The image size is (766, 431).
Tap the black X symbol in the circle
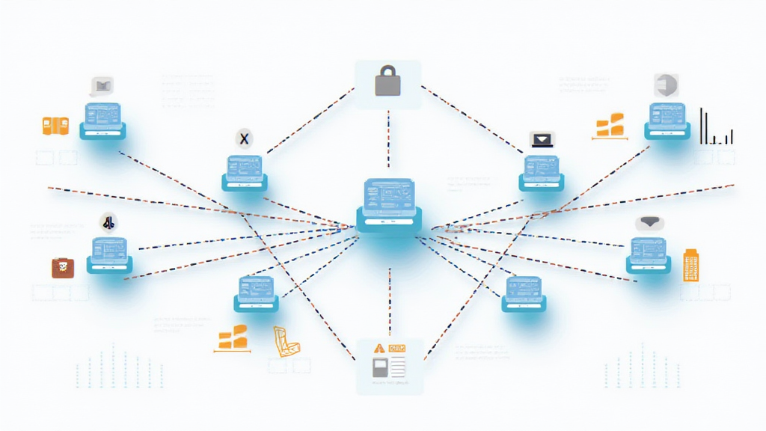coord(243,137)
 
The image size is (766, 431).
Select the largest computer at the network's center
coord(388,203)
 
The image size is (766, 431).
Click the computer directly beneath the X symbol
coord(244,173)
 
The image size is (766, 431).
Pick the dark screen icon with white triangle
coord(542,138)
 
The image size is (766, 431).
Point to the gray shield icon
coord(664,85)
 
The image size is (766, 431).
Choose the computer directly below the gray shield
coord(667,120)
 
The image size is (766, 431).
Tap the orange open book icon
coord(55,126)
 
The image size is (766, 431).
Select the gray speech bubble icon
coord(101,85)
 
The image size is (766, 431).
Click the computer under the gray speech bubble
coord(102,120)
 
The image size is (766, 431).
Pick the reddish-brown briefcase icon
coord(63,267)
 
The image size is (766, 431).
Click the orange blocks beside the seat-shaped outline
coord(232,337)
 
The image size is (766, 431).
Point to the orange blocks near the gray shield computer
coord(613,126)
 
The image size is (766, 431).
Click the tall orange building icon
coord(692,265)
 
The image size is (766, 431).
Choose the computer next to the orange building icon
coord(649,254)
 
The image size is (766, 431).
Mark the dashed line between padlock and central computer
coord(388,138)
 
